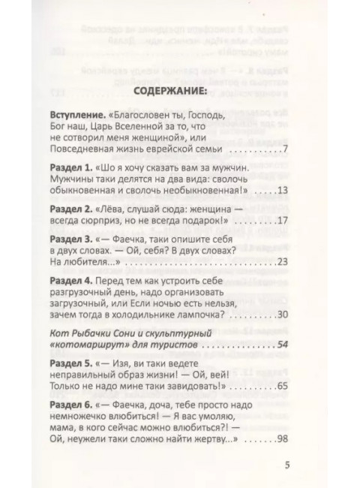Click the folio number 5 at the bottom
pos(286,463)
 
